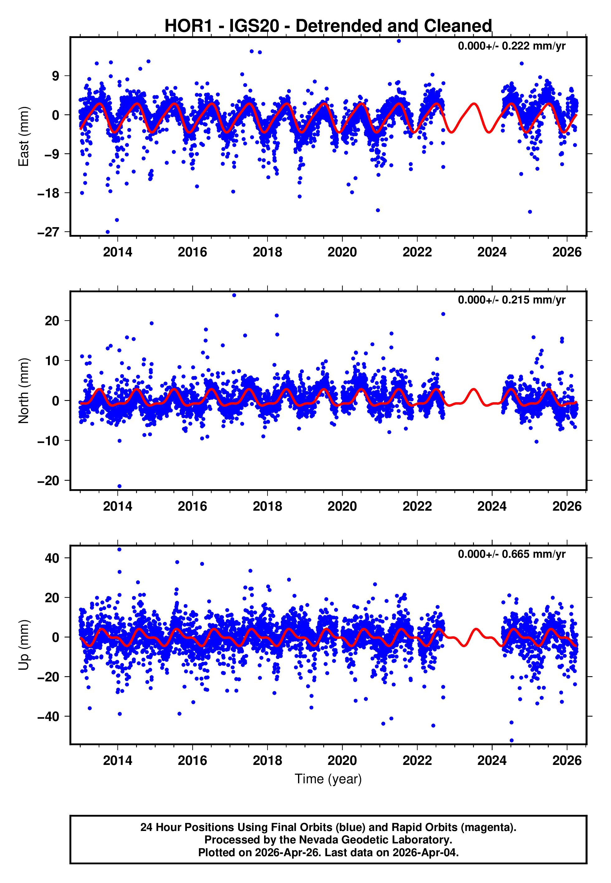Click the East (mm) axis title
point(24,136)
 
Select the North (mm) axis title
point(24,391)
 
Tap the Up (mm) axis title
point(24,645)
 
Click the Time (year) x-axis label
point(328,779)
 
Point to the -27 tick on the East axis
point(48,232)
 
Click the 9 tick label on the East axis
point(56,76)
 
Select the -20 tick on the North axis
point(48,480)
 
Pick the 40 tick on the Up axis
point(52,558)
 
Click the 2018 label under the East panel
point(267,252)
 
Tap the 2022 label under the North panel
point(417,506)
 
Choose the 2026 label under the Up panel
point(566,761)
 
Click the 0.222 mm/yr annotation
point(511,46)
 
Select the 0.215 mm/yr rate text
point(511,300)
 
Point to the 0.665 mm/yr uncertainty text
point(511,554)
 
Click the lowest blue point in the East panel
point(107,232)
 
